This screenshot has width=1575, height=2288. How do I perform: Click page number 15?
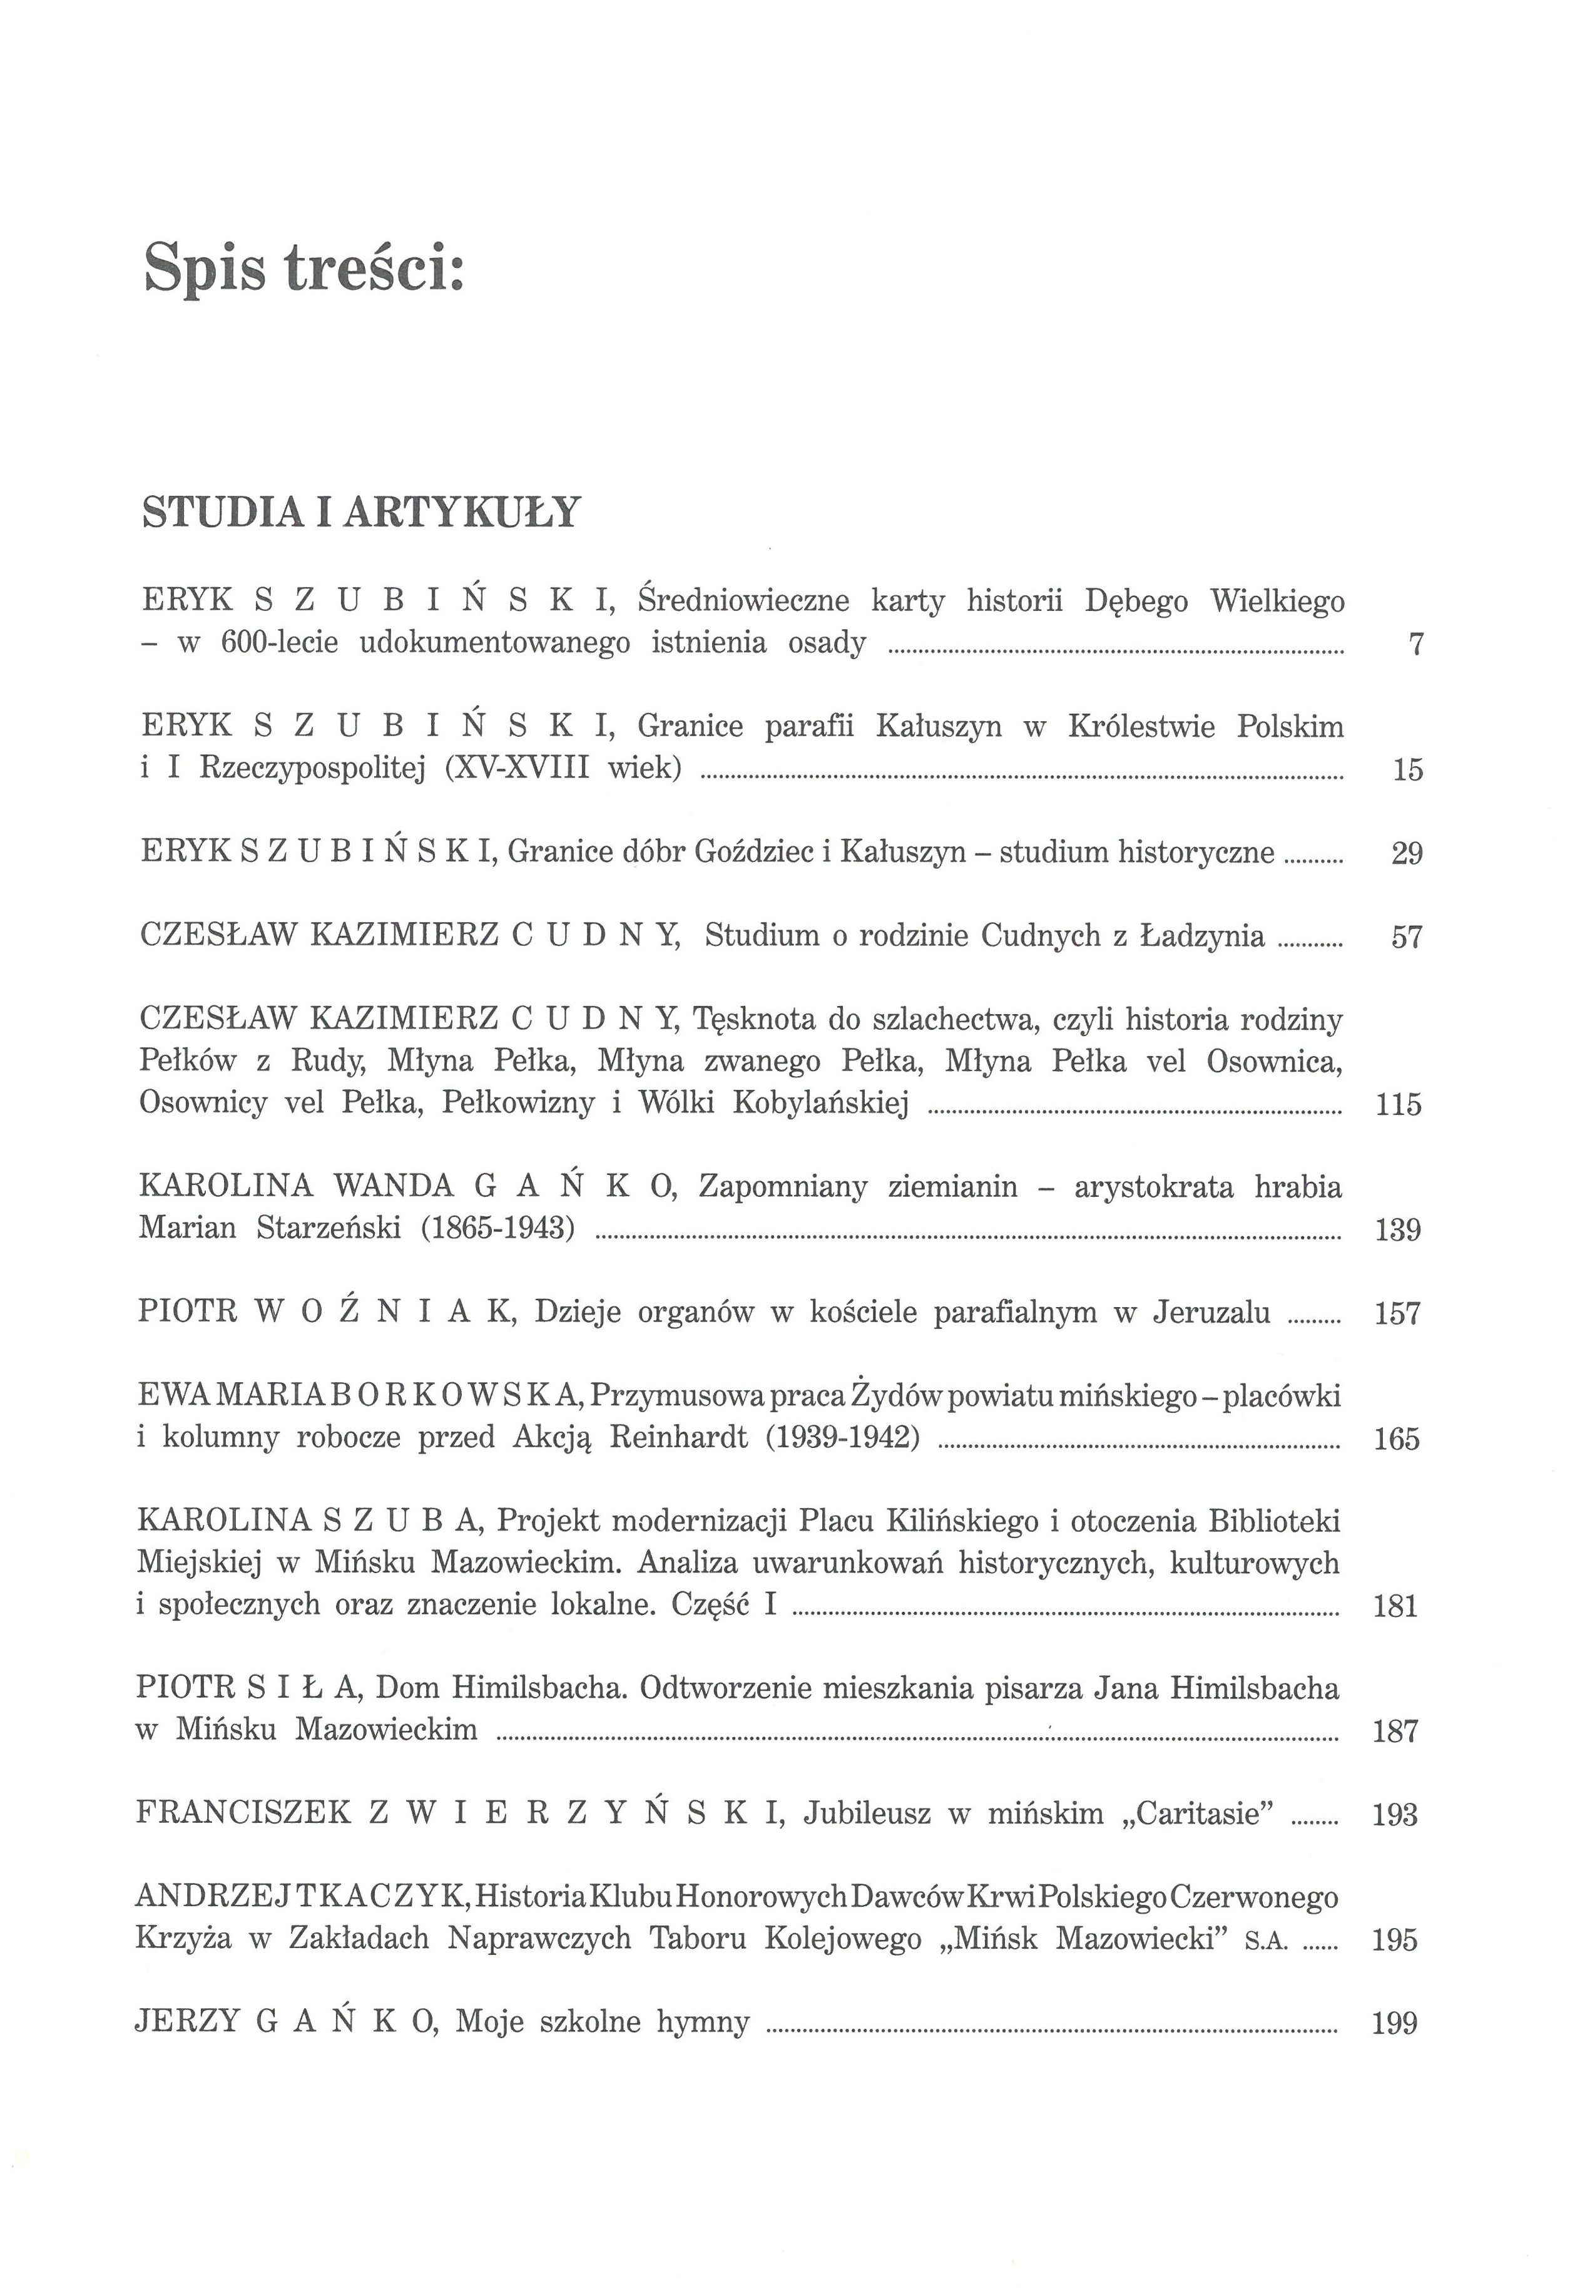tap(1407, 770)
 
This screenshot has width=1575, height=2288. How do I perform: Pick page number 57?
tap(1406, 936)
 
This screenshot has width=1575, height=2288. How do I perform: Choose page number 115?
tap(1397, 1104)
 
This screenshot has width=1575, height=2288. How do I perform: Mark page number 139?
tap(1397, 1230)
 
